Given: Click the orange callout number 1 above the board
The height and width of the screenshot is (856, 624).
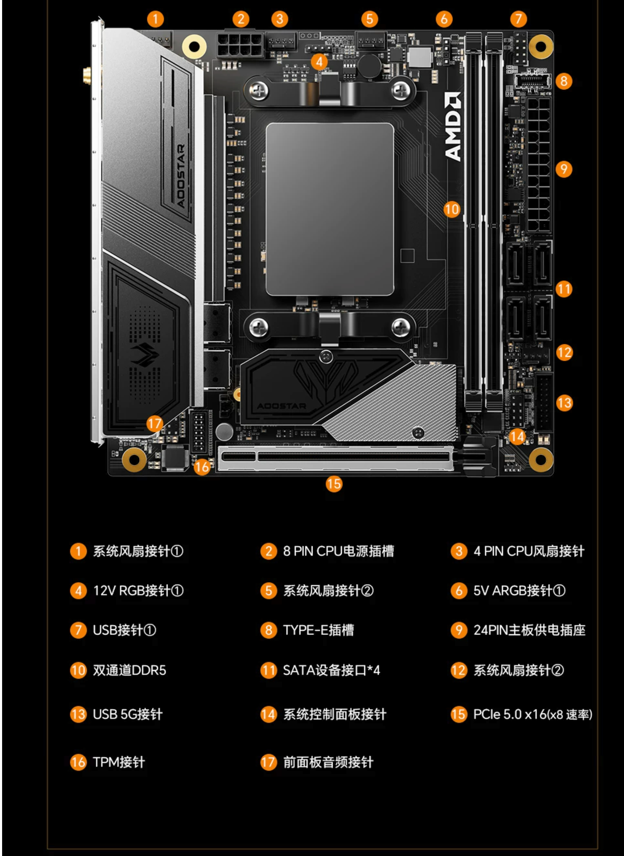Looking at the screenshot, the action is pos(155,19).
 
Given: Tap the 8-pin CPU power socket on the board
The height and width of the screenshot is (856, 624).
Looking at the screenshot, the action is pos(240,45).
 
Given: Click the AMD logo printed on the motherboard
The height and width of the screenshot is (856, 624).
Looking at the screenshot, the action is pos(453,127).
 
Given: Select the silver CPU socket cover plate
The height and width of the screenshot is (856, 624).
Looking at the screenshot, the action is pos(330,209).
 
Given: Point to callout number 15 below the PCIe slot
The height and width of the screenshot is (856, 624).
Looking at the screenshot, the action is pos(334,484).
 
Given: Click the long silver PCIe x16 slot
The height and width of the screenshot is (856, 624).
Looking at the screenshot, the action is pos(336,458).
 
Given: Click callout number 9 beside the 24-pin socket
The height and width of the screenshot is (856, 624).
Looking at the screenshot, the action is pos(564,169).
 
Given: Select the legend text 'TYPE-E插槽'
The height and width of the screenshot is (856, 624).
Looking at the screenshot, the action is pos(318,630).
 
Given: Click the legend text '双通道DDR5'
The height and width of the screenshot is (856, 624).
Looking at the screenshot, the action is pos(130,670).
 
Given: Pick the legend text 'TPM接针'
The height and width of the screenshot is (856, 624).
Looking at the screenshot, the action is pos(119,762).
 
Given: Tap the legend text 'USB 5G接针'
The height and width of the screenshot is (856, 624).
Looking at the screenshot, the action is pos(128,714).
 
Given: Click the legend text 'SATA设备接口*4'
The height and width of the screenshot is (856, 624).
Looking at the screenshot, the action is pos(332,670).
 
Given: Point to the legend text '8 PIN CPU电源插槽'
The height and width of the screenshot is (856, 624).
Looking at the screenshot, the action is pos(338,551).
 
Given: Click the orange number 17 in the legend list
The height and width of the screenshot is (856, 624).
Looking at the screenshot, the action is pos(268,762).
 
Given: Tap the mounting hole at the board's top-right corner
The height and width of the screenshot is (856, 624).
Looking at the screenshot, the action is pos(540,46).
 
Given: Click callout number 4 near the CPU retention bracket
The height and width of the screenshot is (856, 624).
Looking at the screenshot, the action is pos(319,61).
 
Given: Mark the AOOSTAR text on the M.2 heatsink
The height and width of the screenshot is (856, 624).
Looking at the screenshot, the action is pos(281,406).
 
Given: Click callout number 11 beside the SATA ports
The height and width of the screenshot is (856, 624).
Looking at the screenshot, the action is pos(564,289).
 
